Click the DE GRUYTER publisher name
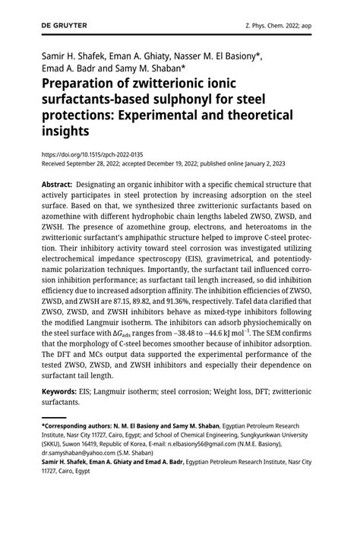tap(65, 25)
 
